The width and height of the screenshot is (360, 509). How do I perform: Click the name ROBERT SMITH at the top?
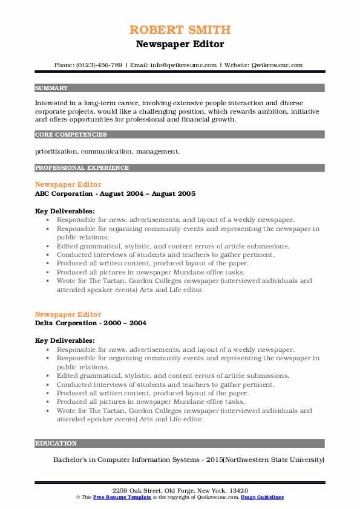pyautogui.click(x=180, y=30)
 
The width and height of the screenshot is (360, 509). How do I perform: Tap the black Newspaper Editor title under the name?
pyautogui.click(x=180, y=44)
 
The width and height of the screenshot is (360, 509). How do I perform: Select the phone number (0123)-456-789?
pyautogui.click(x=101, y=65)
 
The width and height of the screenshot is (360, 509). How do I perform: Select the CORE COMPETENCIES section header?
pyautogui.click(x=71, y=135)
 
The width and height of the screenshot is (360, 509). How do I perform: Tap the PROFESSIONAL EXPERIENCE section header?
pyautogui.click(x=82, y=167)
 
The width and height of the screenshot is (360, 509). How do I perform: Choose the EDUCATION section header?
pyautogui.click(x=56, y=443)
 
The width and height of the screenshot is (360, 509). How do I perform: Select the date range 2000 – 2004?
pyautogui.click(x=126, y=323)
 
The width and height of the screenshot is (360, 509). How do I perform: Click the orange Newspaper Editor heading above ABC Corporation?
pyautogui.click(x=68, y=184)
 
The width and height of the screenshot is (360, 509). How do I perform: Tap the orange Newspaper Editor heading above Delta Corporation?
pyautogui.click(x=68, y=314)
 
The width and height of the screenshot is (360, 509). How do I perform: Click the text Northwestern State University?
pyautogui.click(x=269, y=459)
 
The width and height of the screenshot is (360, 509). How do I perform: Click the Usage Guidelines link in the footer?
pyautogui.click(x=262, y=497)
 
